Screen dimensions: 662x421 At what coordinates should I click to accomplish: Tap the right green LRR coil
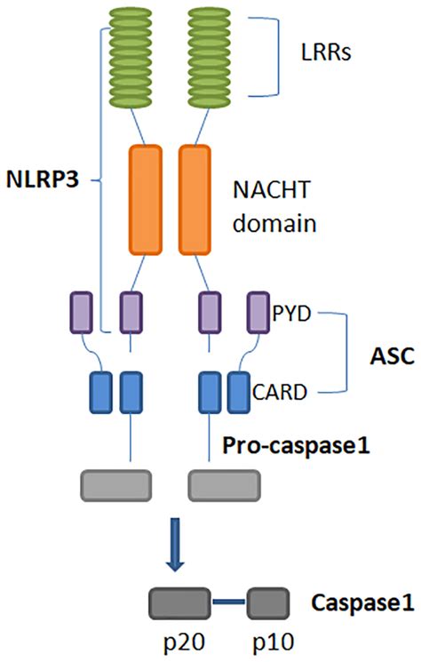(x=210, y=52)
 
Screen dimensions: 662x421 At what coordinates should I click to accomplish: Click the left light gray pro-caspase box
(x=115, y=485)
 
